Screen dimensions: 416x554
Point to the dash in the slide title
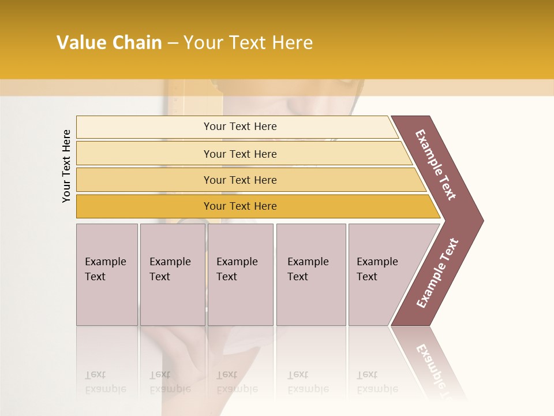[173, 43]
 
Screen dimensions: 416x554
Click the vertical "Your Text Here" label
[66, 166]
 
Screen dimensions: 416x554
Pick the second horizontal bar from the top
[239, 154]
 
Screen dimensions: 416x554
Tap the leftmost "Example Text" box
[107, 274]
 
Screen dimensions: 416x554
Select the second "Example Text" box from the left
[172, 274]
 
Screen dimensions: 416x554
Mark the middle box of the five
[240, 274]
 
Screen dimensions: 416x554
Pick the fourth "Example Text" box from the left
[310, 274]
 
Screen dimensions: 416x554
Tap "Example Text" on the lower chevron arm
[437, 273]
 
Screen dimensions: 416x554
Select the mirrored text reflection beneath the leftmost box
[106, 382]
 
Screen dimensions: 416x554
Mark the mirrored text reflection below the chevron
[433, 364]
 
